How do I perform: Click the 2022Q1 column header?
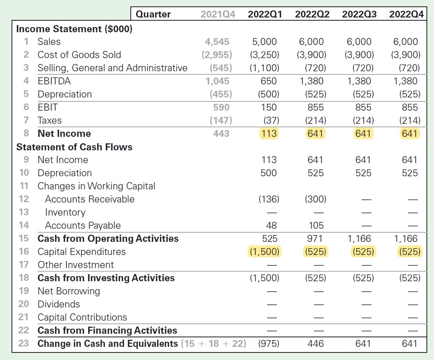tap(265, 14)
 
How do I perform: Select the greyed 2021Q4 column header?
tap(218, 14)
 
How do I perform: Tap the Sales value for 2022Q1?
tap(265, 42)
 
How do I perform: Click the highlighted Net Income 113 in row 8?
tap(269, 134)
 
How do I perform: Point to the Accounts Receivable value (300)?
tap(315, 199)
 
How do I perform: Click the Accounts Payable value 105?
tap(316, 226)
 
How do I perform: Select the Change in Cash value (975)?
tap(269, 343)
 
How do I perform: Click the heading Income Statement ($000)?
tap(74, 29)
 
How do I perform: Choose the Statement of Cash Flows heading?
tap(74, 147)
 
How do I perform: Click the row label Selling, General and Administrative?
tap(112, 68)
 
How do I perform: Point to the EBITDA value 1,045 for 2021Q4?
tap(217, 81)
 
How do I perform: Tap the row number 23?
tap(23, 343)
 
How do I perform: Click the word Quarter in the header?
tap(153, 14)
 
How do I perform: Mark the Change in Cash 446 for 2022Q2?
tap(316, 343)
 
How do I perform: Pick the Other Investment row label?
tap(76, 265)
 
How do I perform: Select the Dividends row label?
tap(59, 304)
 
